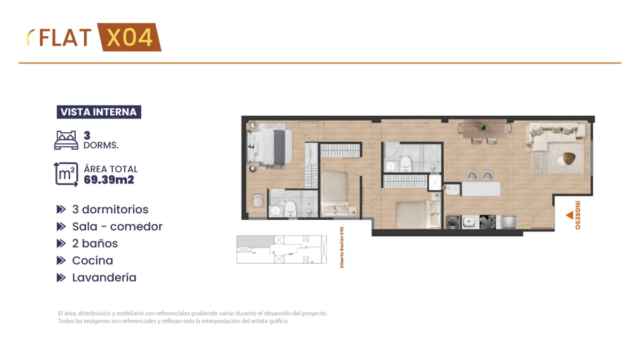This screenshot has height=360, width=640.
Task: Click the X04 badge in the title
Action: [x=130, y=37]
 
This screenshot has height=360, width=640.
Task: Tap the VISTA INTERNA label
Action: [x=99, y=112]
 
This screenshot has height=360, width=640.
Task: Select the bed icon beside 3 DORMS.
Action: [x=66, y=140]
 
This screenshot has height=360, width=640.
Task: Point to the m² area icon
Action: [x=66, y=174]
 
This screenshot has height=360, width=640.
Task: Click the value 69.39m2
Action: [x=109, y=180]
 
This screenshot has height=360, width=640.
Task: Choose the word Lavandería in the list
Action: [x=105, y=277]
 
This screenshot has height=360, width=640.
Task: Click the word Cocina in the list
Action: [x=93, y=261]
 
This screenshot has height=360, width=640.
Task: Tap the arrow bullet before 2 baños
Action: [x=61, y=243]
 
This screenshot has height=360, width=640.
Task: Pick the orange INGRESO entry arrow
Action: [x=570, y=215]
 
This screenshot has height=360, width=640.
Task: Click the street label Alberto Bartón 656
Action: [x=342, y=247]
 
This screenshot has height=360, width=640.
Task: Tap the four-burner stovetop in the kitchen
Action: [x=487, y=222]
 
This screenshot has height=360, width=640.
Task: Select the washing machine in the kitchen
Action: [x=453, y=222]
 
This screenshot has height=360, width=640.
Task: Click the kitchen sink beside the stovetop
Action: [x=470, y=222]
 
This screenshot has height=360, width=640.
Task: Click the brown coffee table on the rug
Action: [x=569, y=158]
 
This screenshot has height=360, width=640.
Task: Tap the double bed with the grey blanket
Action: [x=270, y=147]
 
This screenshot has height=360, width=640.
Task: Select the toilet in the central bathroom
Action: [x=406, y=164]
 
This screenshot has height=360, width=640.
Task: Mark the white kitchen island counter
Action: [x=481, y=189]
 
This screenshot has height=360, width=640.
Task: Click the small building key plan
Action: [x=282, y=249]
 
